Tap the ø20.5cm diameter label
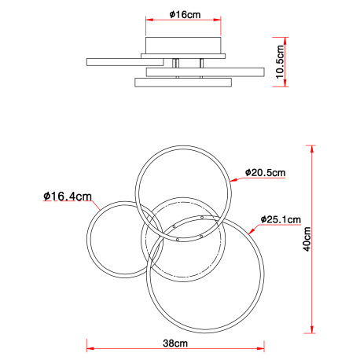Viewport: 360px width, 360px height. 263,173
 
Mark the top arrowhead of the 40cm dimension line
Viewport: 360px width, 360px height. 314,148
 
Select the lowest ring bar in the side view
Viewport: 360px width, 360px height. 182,82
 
